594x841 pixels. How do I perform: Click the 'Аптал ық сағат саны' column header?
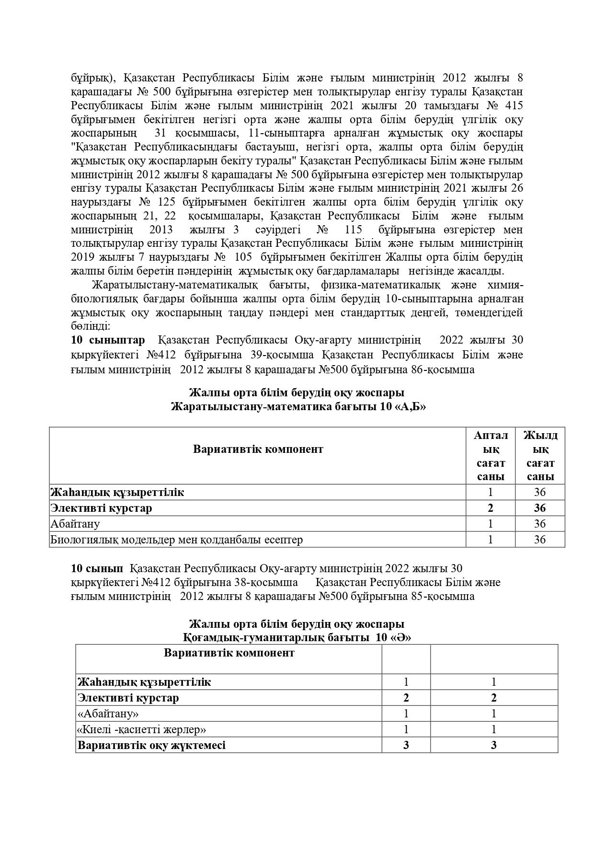pos(491,456)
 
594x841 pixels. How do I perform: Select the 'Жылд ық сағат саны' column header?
pos(540,456)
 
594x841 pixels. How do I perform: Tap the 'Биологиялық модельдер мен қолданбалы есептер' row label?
pos(176,540)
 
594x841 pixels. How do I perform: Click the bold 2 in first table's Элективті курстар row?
pos(491,508)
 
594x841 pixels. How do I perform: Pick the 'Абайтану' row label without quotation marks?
pos(75,524)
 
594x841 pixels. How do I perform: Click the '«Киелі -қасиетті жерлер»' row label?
pos(142,729)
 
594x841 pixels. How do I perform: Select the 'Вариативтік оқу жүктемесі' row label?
pos(151,745)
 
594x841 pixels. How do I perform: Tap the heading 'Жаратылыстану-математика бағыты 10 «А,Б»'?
pos(298,407)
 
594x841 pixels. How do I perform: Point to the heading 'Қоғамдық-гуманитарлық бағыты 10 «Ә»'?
pos(297,638)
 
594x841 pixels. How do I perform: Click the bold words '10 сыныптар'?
pos(108,340)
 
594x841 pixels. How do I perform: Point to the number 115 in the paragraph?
pos(353,230)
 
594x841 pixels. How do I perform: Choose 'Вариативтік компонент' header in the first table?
pos(258,449)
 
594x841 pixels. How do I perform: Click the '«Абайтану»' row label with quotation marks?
pos(108,714)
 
